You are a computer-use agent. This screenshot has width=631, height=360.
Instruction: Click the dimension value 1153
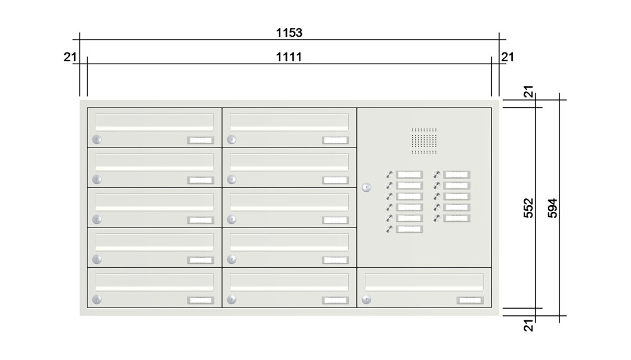coord(289,33)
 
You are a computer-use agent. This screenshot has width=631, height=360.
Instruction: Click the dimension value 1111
coord(289,57)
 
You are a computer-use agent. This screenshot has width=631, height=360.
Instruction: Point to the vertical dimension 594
coord(553,208)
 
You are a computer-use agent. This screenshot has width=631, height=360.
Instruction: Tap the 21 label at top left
coord(70,57)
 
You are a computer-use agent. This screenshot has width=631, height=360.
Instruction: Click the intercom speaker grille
coord(424,141)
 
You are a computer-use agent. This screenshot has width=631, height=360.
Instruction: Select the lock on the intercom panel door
coord(366,188)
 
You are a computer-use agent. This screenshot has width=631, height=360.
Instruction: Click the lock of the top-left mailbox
coord(97,140)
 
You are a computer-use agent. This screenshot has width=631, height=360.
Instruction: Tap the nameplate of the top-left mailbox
coord(201,140)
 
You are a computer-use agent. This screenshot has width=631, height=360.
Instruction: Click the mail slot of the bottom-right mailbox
coord(424,282)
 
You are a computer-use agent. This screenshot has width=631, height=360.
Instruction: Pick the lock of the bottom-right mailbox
coord(366,300)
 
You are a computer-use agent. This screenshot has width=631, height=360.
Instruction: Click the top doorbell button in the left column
coord(390,175)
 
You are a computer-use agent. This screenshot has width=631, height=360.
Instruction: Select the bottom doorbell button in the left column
coord(390,229)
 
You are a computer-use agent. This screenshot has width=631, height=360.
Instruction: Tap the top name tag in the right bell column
coord(456,175)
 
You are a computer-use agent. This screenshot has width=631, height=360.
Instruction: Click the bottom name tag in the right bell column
coord(456,218)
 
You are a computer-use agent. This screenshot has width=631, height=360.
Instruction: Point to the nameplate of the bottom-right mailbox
coord(470,300)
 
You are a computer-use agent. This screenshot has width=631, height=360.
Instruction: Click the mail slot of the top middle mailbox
coord(289,122)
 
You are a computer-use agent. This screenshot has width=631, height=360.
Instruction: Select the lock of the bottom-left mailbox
coord(97,300)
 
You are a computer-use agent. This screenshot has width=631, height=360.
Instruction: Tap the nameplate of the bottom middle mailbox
coord(335,300)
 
